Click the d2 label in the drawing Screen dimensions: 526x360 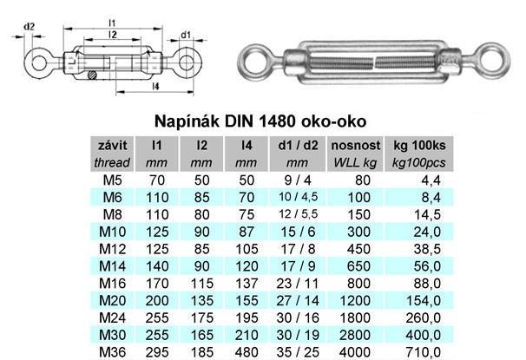(30, 27)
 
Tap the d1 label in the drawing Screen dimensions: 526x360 (186, 35)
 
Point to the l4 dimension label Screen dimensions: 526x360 (155, 86)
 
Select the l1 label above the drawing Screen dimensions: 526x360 (112, 23)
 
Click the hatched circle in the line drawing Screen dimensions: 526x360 (92, 75)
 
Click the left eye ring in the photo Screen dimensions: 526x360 (253, 62)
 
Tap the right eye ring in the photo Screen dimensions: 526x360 (493, 61)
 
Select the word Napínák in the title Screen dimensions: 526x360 (187, 121)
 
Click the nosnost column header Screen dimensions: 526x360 (356, 146)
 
